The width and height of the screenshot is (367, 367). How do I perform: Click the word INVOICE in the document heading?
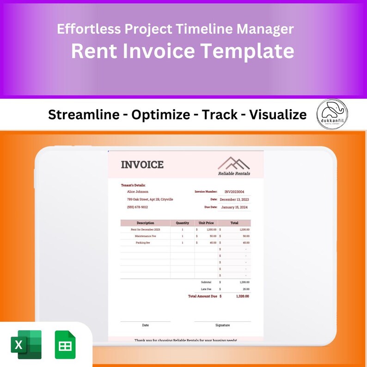(x=142, y=165)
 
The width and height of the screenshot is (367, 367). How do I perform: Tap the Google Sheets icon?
(x=65, y=345)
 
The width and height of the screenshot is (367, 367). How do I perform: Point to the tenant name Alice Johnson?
(x=138, y=191)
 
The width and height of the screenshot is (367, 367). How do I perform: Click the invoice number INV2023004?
(x=234, y=191)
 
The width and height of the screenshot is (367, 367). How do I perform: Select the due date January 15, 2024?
(x=234, y=207)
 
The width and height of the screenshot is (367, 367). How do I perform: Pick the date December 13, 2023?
(x=234, y=199)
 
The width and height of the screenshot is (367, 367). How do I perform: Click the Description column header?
(x=145, y=223)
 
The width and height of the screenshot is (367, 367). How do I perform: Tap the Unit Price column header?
(x=206, y=223)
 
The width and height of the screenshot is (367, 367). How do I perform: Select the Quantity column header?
(x=182, y=223)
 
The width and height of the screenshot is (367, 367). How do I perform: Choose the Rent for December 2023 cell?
(x=145, y=229)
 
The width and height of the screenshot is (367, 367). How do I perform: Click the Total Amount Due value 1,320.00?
(x=242, y=296)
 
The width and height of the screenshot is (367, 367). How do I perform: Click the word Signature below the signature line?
(x=222, y=325)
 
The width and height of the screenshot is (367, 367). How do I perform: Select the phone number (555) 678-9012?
(x=137, y=207)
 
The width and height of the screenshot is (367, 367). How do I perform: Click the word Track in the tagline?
(x=220, y=115)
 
